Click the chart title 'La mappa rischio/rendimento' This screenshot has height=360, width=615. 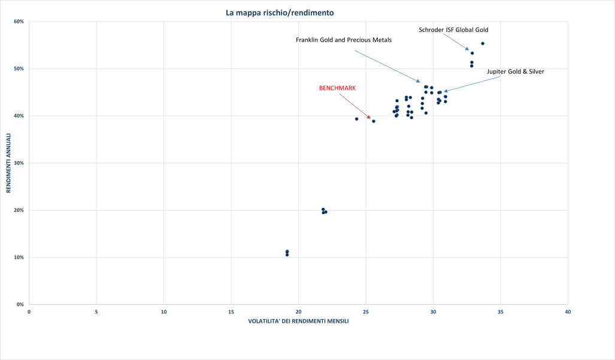pyautogui.click(x=280, y=13)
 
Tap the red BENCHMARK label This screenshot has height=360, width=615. pyautogui.click(x=337, y=88)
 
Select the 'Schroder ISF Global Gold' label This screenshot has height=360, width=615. pyautogui.click(x=453, y=30)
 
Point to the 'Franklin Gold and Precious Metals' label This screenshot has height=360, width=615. pyautogui.click(x=344, y=40)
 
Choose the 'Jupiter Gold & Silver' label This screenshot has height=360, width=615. pyautogui.click(x=515, y=72)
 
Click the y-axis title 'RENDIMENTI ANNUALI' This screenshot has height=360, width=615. pyautogui.click(x=9, y=163)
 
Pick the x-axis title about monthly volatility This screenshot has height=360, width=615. pyautogui.click(x=298, y=321)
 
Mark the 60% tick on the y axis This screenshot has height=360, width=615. pyautogui.click(x=19, y=22)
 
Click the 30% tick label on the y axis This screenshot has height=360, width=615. pyautogui.click(x=19, y=163)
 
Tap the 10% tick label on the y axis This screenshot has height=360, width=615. pyautogui.click(x=19, y=258)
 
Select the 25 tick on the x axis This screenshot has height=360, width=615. pyautogui.click(x=366, y=312)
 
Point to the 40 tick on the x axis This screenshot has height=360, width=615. pyautogui.click(x=568, y=312)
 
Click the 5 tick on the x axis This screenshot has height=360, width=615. pyautogui.click(x=96, y=312)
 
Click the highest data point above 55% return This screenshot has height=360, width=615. pyautogui.click(x=483, y=44)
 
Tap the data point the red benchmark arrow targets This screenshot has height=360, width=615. pyautogui.click(x=374, y=121)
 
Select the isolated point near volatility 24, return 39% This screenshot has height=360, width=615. pyautogui.click(x=357, y=119)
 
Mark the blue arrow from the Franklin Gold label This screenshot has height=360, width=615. pyautogui.click(x=387, y=66)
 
